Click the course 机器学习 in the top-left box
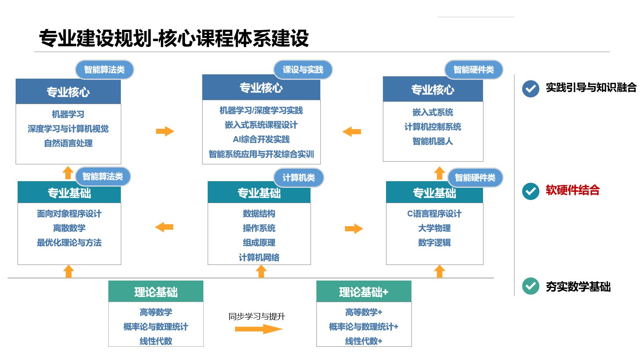68,114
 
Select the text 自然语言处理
68,143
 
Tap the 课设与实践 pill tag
303,70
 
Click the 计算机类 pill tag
298,178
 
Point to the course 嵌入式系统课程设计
261,125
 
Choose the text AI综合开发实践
261,140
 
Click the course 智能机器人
433,141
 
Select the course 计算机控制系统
433,127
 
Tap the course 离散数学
69,228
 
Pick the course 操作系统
259,228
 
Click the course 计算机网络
259,257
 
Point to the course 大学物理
434,228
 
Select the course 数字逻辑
434,243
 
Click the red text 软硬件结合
573,190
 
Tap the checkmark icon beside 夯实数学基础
530,286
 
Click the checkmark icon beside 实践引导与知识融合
530,89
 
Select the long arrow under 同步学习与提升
259,329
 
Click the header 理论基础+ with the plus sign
364,292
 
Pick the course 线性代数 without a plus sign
156,341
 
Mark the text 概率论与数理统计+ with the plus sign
364,327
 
